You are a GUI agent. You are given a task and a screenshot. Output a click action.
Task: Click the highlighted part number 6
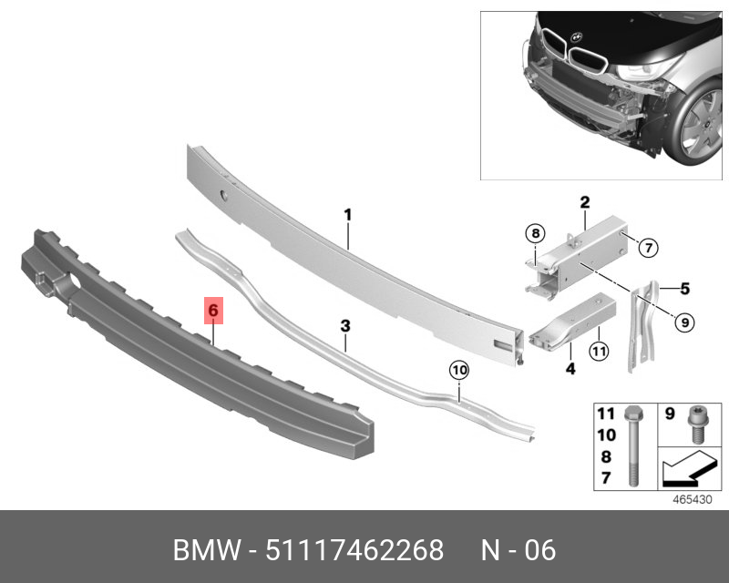click(x=212, y=311)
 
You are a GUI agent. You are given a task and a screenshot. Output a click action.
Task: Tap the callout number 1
click(x=347, y=215)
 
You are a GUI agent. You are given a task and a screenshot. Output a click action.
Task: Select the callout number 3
click(x=345, y=325)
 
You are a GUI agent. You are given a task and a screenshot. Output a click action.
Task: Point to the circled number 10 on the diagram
click(x=458, y=370)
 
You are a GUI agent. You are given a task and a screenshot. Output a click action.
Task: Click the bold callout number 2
click(x=585, y=201)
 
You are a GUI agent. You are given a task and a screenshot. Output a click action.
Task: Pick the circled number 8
click(x=535, y=233)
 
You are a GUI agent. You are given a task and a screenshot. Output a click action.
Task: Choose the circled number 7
click(x=646, y=246)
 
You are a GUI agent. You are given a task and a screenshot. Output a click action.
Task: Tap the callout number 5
click(x=683, y=289)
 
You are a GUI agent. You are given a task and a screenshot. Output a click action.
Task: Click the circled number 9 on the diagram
click(x=684, y=320)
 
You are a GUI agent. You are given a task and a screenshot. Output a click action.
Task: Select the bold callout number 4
click(x=570, y=370)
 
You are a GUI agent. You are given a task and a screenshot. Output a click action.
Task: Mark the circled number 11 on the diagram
click(x=599, y=351)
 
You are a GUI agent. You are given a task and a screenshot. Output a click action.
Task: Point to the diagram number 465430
click(x=692, y=499)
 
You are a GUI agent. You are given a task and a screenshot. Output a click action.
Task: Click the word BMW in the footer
click(x=206, y=550)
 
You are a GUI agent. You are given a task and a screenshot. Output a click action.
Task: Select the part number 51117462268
click(x=354, y=550)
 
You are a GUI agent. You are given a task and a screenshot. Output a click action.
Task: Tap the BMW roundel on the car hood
click(x=575, y=38)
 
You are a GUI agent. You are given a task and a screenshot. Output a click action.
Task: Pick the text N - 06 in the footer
click(x=518, y=550)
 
